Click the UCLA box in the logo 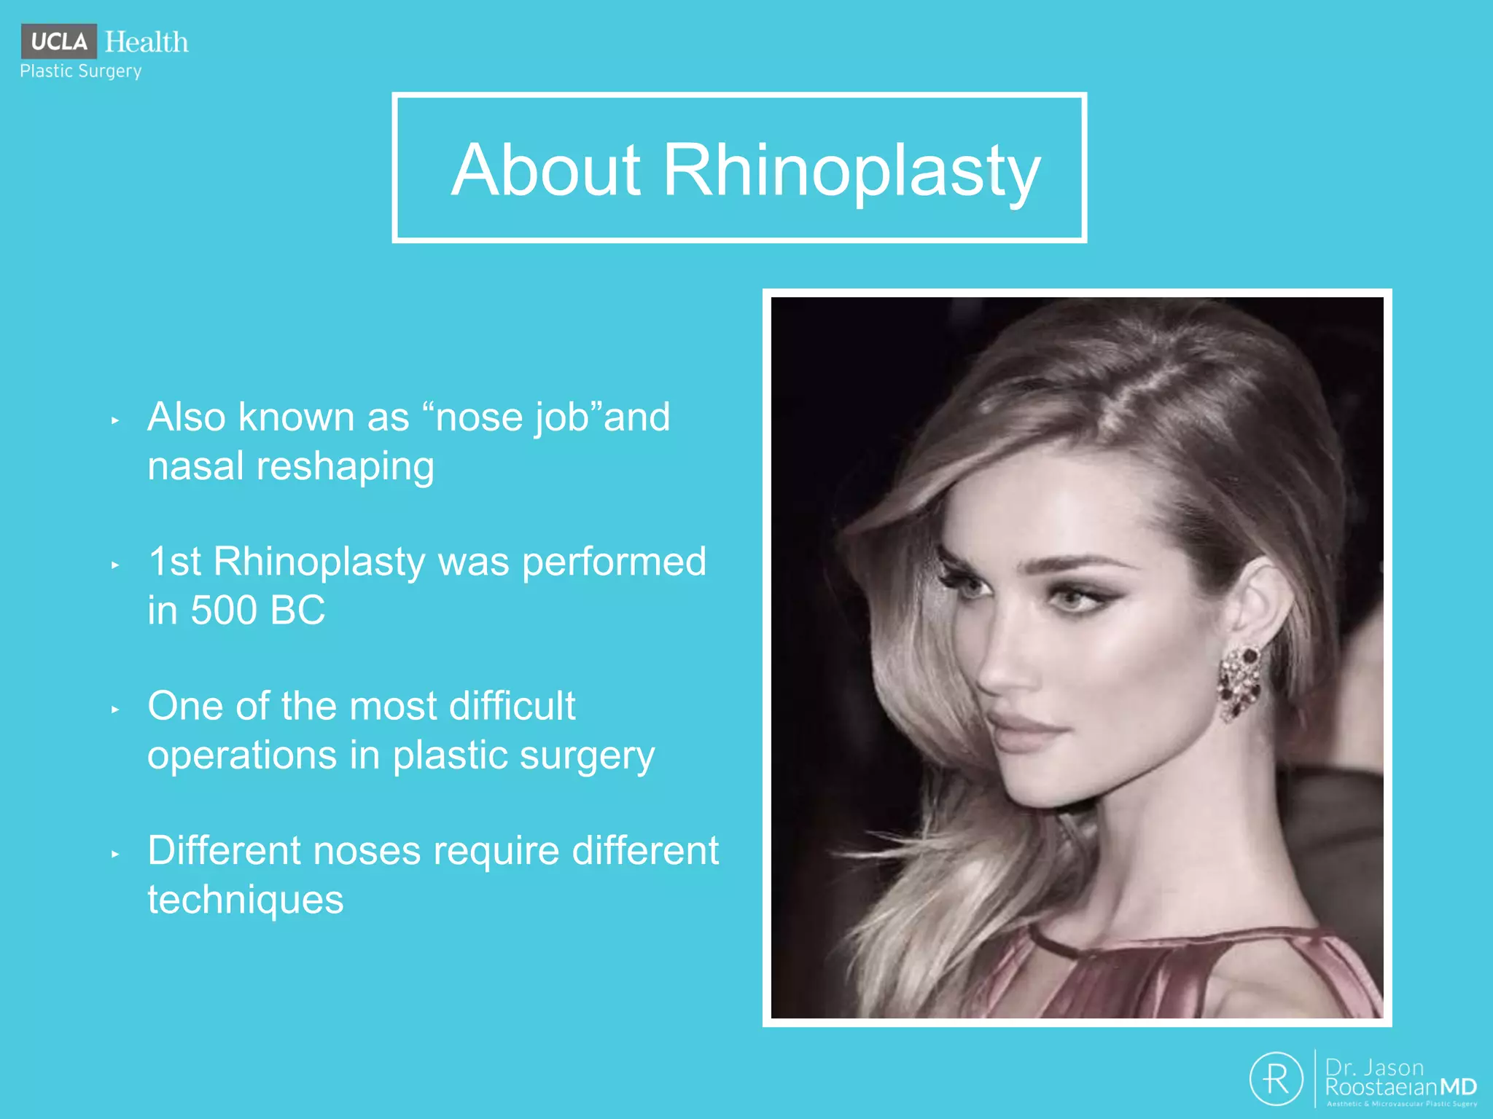(59, 42)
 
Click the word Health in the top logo (147, 42)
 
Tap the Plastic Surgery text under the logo (81, 71)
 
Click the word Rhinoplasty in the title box (851, 171)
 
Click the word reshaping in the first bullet (346, 466)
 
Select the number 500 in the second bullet (225, 610)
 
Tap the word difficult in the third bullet (512, 706)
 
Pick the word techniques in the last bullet (245, 900)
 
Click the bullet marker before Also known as (115, 420)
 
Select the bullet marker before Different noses (115, 854)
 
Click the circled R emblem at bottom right (1276, 1078)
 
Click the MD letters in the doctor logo (1458, 1088)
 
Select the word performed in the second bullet (614, 562)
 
